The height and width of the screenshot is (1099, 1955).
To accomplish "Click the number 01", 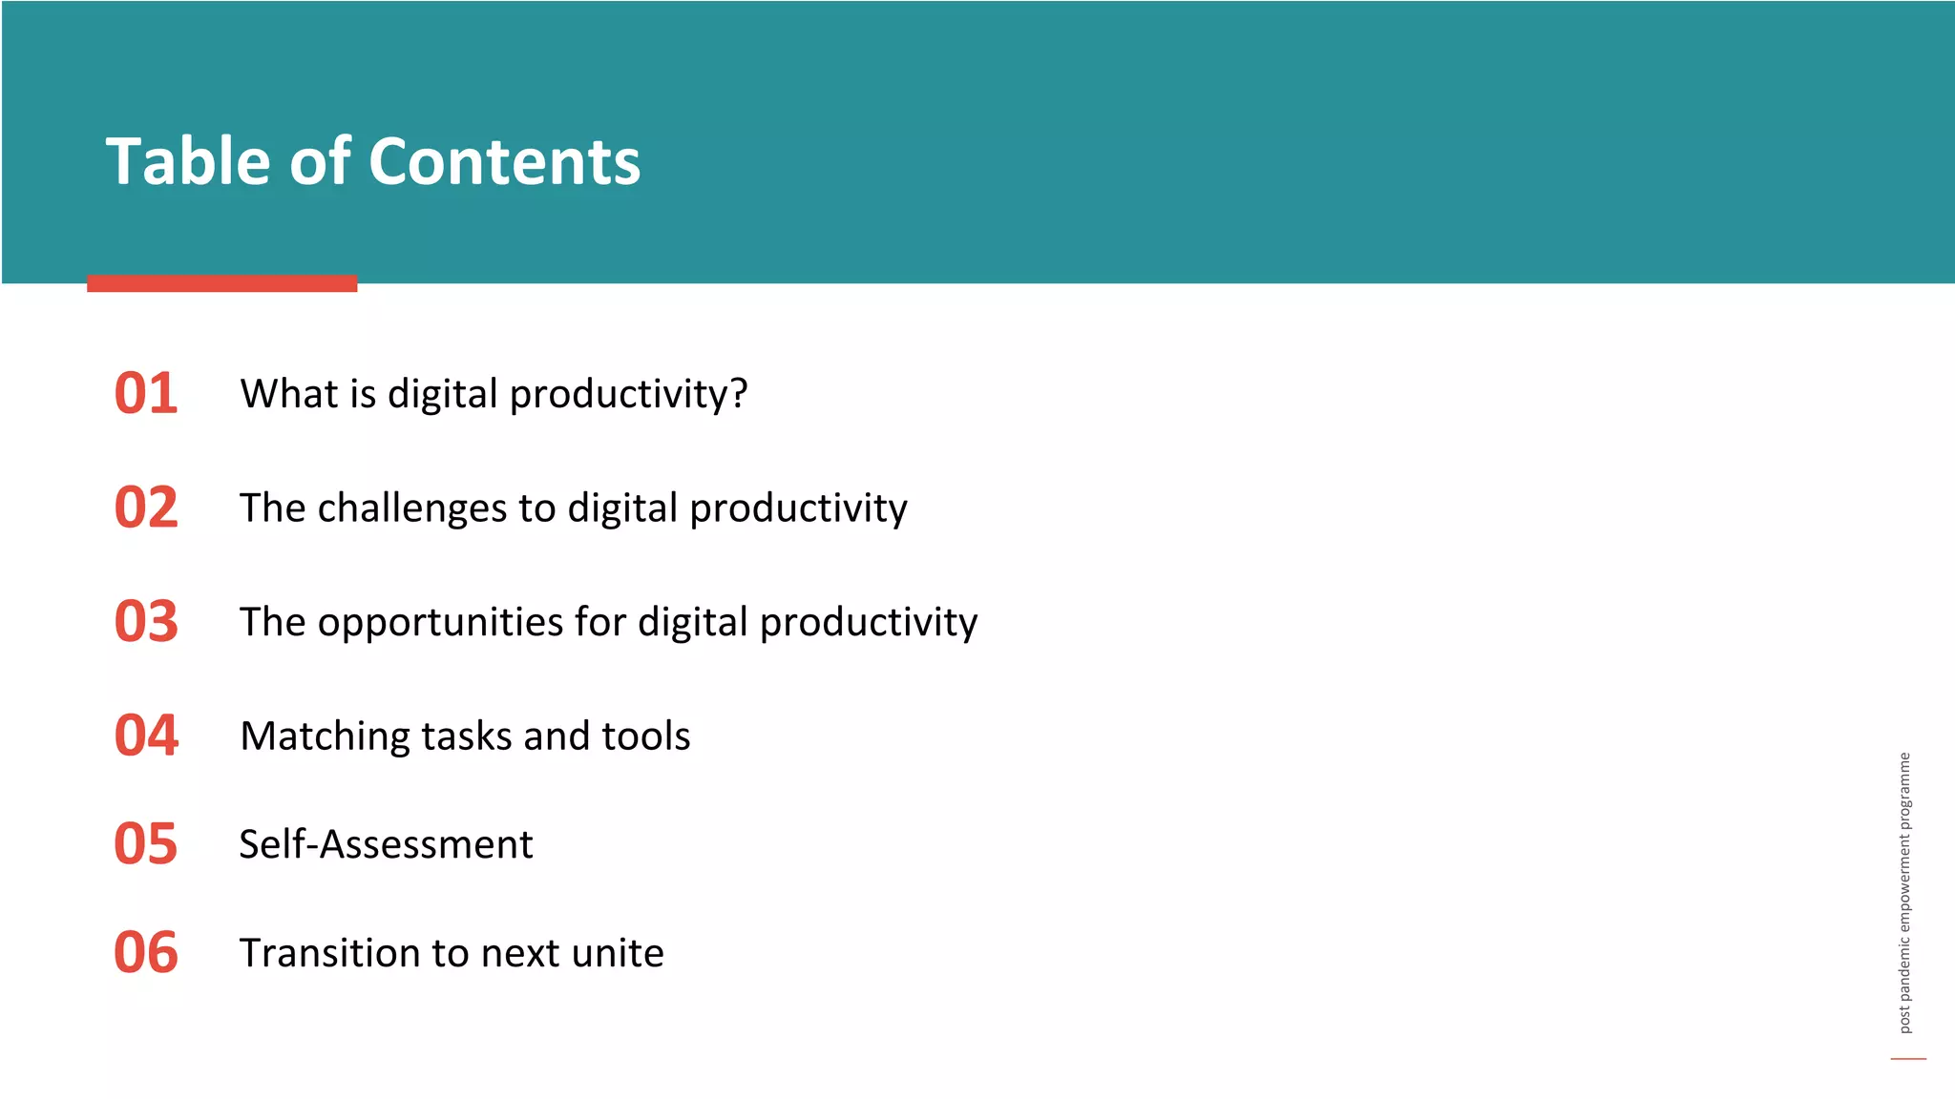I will coord(146,393).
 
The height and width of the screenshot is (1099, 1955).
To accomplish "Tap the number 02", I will coord(146,507).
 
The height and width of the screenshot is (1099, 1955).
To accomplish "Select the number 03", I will coord(146,621).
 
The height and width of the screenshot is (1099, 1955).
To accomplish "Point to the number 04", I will coord(146,736).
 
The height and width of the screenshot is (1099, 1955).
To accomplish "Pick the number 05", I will coord(146,844).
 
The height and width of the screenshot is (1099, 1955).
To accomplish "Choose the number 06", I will coord(146,952).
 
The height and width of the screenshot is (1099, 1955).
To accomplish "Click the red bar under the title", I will coord(221,283).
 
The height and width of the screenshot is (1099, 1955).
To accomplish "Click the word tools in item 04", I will coord(646,736).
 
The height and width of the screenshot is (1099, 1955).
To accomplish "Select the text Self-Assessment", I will coord(386,844).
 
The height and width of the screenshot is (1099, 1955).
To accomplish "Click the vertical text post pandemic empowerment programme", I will coord(1904,892).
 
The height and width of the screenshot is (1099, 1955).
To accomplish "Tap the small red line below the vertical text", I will coord(1908,1058).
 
